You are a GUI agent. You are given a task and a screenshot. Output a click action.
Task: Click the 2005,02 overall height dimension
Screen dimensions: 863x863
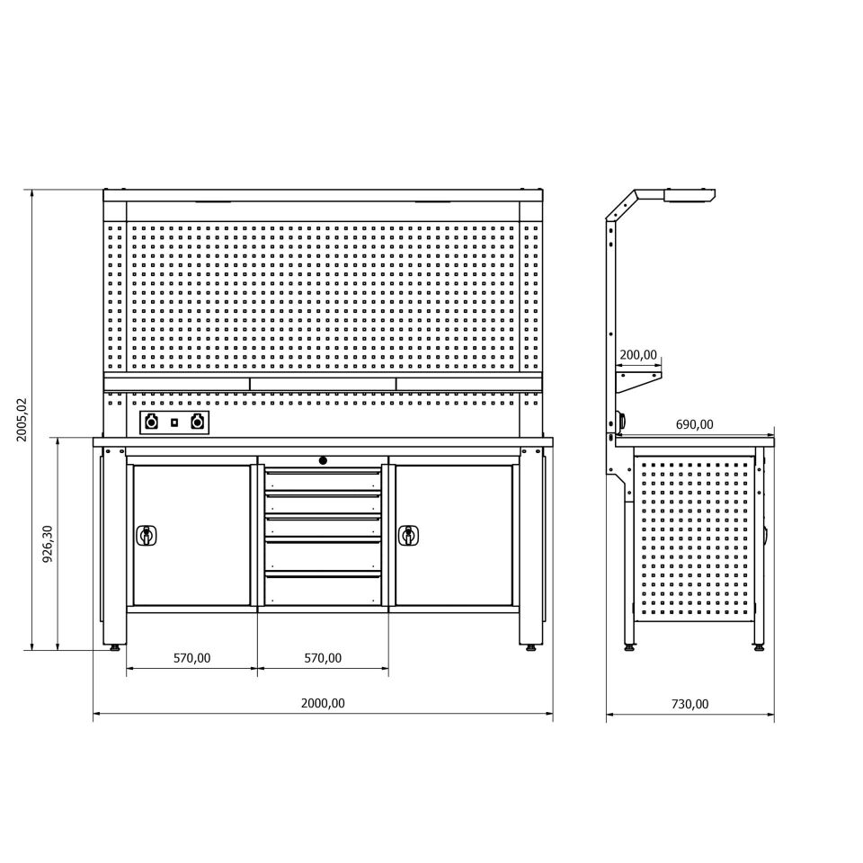pos(22,420)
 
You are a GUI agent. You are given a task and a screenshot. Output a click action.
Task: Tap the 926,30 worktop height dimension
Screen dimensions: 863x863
pos(48,543)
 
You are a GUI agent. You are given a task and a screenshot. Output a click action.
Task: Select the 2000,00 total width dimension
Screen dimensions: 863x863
pos(323,703)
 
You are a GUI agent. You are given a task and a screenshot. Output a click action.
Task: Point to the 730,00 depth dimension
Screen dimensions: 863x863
pos(690,704)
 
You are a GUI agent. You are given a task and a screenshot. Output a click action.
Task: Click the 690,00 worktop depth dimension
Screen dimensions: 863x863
pos(694,424)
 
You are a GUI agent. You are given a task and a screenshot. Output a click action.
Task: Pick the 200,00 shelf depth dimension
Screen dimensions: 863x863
pos(638,355)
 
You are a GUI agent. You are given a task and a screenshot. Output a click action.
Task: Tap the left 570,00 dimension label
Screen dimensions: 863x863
pos(192,658)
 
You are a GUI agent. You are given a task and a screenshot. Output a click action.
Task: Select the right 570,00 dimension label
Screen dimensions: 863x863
pos(323,658)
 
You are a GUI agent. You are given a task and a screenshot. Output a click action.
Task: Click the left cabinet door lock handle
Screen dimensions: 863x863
pos(147,535)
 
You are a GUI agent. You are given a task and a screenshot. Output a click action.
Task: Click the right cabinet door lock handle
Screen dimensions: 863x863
pos(408,535)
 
